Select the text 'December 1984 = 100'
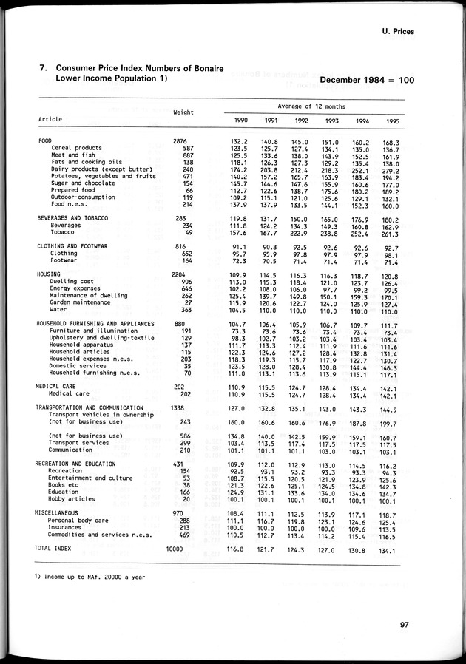(367, 79)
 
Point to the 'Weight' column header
(183, 112)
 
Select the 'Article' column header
(50, 119)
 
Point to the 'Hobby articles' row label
(71, 499)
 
